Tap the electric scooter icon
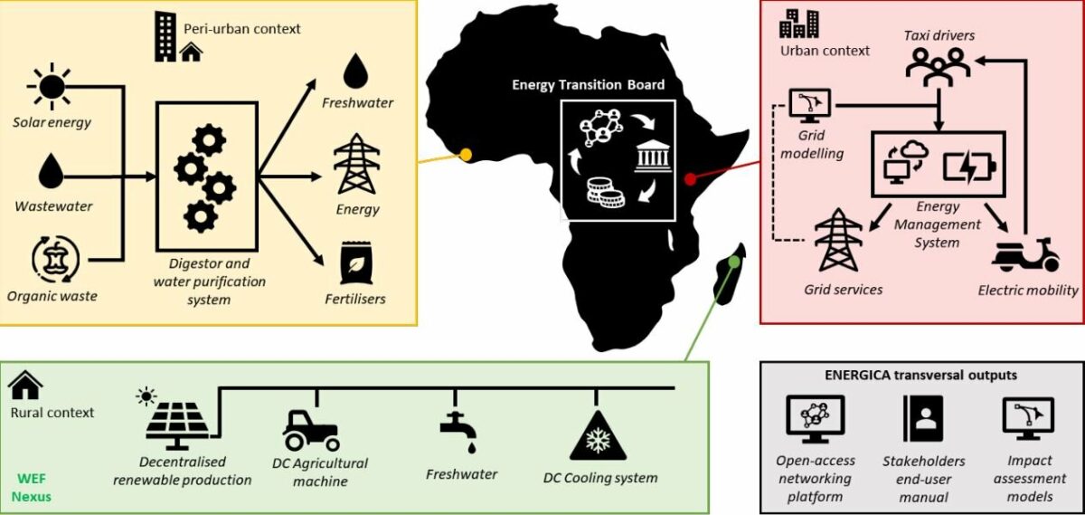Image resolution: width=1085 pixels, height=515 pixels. [x=1025, y=254]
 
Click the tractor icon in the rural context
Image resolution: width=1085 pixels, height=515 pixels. [x=311, y=430]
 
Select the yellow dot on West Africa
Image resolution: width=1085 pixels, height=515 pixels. [x=467, y=155]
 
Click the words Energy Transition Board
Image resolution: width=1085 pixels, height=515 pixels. [x=588, y=85]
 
